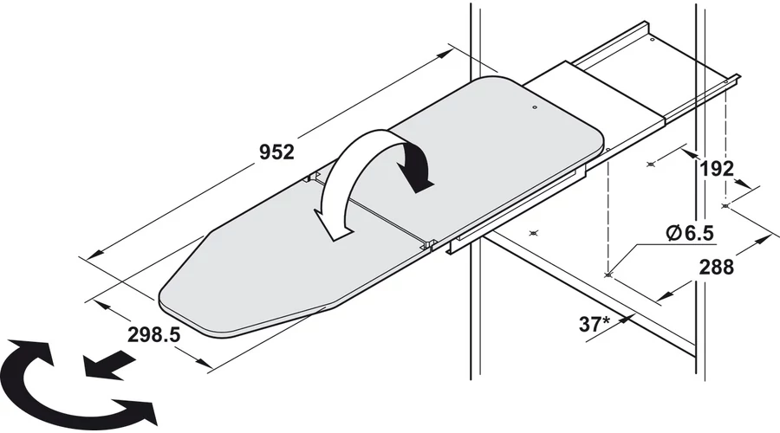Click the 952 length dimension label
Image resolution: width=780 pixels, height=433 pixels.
point(276,152)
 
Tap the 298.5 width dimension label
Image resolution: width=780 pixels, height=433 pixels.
point(153,334)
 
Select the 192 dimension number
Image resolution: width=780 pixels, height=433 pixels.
point(717,169)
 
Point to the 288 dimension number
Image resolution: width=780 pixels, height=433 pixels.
point(717,268)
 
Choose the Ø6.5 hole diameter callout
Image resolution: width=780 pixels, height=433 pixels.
point(690,233)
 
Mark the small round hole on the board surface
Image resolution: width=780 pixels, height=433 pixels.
point(534,107)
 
